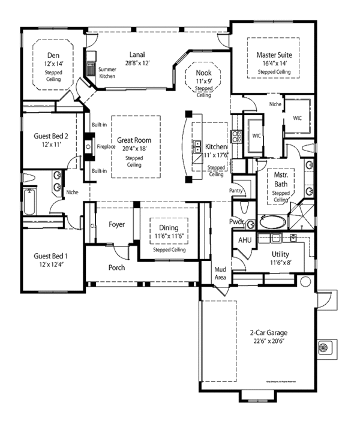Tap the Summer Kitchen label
[x=107, y=73]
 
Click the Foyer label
[x=116, y=225]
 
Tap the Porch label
[x=116, y=267]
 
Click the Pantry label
[x=236, y=191]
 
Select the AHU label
[x=245, y=240]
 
